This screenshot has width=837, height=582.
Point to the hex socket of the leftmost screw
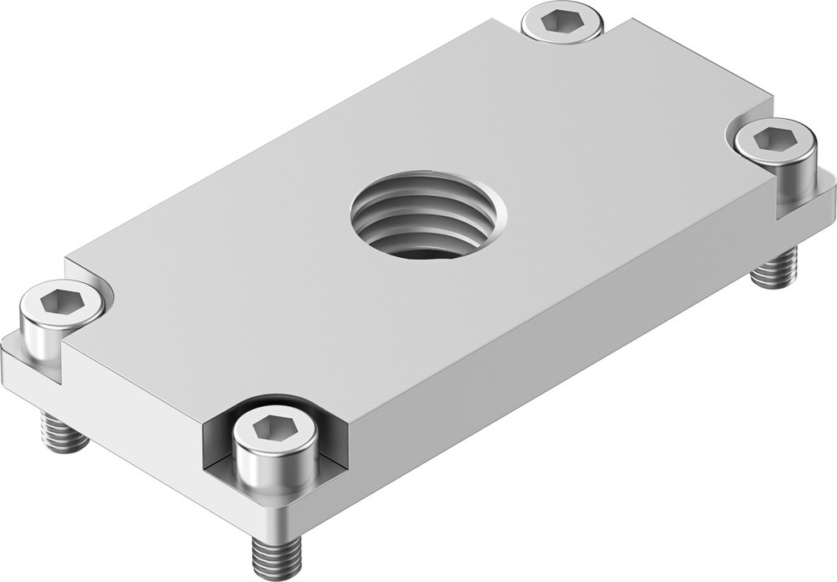click(60, 299)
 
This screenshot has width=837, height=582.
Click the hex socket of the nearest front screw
click(274, 430)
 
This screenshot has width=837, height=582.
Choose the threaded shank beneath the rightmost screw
click(774, 269)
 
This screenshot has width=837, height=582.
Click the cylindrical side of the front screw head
click(275, 470)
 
